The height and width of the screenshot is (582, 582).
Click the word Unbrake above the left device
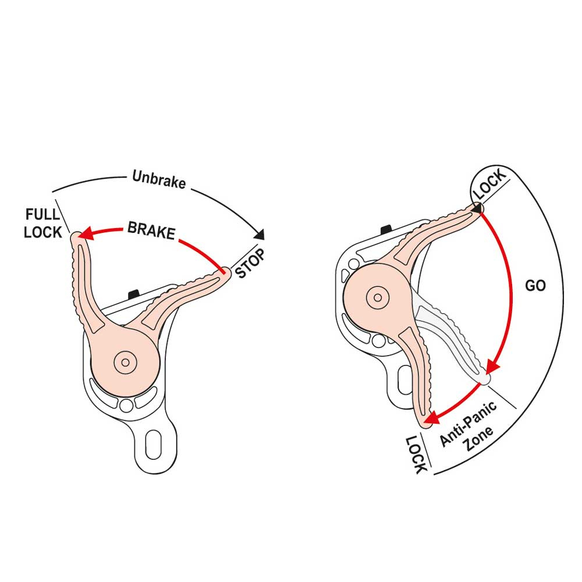pos(159,179)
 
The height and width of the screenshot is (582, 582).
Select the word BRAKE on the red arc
pos(151,230)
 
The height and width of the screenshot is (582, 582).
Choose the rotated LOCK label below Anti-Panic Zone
pos(417,453)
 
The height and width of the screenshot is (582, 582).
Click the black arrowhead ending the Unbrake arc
pos(260,235)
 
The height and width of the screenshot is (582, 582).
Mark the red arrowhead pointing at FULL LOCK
pos(85,235)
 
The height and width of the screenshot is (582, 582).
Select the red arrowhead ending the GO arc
pos(492,367)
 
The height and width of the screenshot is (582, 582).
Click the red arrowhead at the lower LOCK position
pos(431,418)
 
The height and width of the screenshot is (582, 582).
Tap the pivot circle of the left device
pos(124,362)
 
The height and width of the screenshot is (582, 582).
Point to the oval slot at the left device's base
pos(152,446)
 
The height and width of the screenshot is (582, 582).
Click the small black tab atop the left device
pos(133,292)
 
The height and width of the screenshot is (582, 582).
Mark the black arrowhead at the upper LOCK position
pos(477,208)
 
